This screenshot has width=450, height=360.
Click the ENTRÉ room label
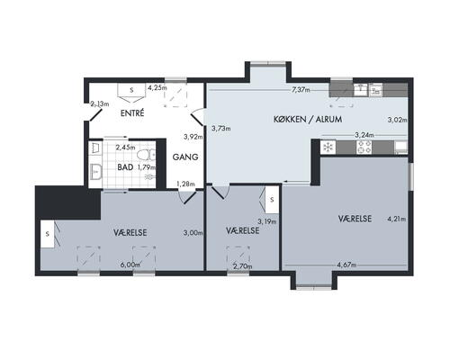coord(132,113)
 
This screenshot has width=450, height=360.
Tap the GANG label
coord(185,157)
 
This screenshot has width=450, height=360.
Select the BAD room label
coord(125,167)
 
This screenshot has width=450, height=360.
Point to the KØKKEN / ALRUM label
coord(308,119)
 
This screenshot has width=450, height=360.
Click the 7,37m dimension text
coord(301,90)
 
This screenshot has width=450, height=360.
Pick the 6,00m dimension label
coord(130,265)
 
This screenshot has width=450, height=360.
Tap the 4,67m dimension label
coord(346,265)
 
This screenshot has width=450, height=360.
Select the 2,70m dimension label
coord(243,266)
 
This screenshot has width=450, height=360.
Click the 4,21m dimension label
coord(397,220)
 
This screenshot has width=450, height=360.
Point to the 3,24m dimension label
coord(364,135)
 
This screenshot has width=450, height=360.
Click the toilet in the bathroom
coord(146,155)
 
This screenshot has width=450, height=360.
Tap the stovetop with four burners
coord(364,148)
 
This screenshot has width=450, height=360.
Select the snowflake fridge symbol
coord(328,148)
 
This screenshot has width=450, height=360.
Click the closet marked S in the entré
coord(131,90)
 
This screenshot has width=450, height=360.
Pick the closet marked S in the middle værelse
coord(271,200)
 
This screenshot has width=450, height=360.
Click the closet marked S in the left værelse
coord(49,234)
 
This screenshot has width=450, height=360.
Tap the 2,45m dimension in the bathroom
coord(125,148)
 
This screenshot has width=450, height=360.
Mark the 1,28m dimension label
coord(185,184)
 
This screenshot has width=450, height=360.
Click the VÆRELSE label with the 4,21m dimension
coord(355,219)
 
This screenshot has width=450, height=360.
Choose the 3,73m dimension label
coord(221,129)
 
